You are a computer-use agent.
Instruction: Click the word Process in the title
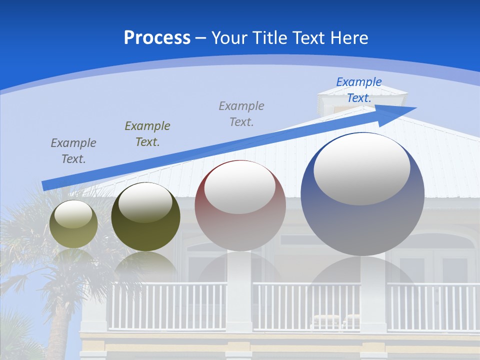coord(157,38)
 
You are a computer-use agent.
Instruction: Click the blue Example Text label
coord(358,90)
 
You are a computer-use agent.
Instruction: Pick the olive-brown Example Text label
coord(147,133)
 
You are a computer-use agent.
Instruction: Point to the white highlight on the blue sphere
coord(361,168)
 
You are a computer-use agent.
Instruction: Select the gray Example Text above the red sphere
coord(241,113)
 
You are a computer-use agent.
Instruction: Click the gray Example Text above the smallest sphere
coord(73,150)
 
